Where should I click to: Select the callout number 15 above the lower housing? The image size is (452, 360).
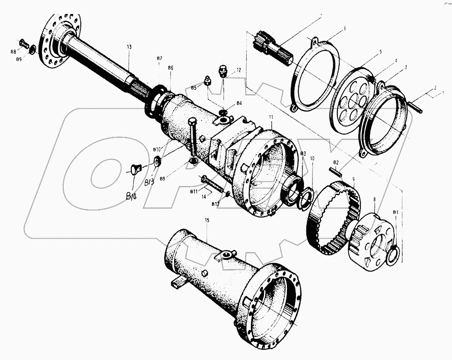coord(207,220)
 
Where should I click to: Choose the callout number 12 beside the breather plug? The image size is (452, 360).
coord(238,70)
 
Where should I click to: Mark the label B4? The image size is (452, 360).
coord(239,103)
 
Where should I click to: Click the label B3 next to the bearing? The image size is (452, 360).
coord(303,154)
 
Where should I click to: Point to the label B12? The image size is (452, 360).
coord(215,204)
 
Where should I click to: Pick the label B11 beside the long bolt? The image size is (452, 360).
coord(194,192)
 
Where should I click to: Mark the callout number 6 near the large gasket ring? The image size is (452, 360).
coord(344,28)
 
